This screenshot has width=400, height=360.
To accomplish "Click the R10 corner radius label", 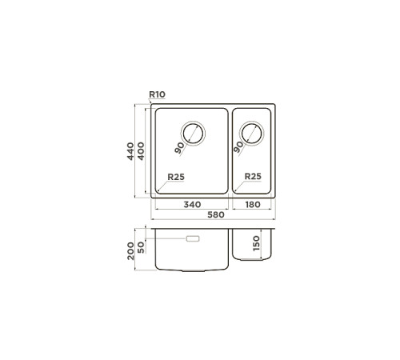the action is tap(157, 94).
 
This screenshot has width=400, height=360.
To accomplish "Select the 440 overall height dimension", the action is tap(130, 151).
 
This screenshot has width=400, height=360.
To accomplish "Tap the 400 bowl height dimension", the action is tap(141, 151).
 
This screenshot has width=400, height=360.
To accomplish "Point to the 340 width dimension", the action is tap(192, 205).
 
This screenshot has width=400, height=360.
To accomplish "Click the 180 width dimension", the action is tap(253, 205).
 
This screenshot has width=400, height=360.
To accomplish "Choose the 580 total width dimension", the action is tap(216, 214).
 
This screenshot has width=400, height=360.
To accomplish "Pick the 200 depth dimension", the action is tap(130, 251).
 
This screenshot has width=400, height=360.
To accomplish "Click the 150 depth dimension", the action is tap(256, 243).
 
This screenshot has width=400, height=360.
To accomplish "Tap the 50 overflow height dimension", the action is tap(141, 247).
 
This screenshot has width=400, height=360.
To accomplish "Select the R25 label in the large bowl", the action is tap(176, 177).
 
